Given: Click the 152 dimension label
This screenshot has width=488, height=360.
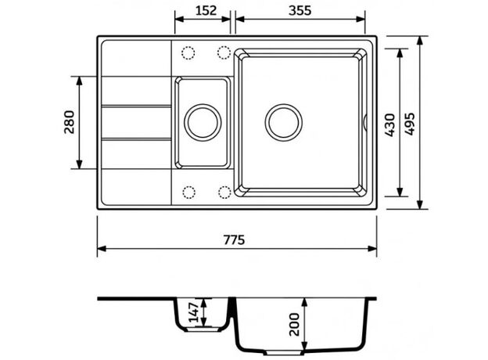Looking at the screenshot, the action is coord(206,11).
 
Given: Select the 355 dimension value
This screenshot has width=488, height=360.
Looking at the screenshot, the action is coord(300,11).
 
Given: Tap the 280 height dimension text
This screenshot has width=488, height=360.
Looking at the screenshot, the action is coord(69,122).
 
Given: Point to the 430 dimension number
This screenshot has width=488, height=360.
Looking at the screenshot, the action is coord(389,125).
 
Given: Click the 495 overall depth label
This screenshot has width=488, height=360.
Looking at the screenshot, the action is coord(410,124).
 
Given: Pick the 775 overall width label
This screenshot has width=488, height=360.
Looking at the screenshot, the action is coord(234,239).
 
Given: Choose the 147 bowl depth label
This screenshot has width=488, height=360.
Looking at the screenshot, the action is coord(194,312).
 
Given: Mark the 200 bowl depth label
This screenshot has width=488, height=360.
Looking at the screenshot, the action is coord(294,325).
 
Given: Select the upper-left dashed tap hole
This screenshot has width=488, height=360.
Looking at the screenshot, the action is coord(188,53).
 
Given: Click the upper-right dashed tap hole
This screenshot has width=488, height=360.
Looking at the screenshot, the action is coord(224,52).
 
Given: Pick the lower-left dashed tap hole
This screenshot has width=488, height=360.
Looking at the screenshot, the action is coord(189,193).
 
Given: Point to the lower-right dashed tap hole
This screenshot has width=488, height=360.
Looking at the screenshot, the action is coord(224,193).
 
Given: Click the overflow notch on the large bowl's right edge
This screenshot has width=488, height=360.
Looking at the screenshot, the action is coord(365,122).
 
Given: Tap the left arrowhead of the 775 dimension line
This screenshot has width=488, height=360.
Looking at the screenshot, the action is coord(102,249).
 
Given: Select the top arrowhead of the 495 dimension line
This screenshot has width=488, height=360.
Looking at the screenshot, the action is coord(420,41).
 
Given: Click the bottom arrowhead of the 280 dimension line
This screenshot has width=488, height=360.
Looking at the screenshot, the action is coord(79,164).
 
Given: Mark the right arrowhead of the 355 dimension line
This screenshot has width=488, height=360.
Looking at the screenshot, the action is coord(361,19).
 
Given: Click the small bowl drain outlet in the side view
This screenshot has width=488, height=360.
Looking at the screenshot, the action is coord(203,329).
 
